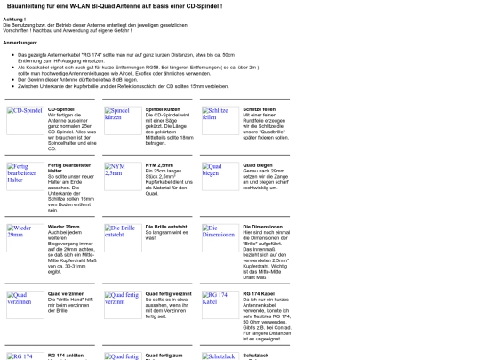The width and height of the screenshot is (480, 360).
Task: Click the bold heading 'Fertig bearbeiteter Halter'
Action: click(68, 169)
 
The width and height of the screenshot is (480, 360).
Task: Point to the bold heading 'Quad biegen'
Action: click(257, 164)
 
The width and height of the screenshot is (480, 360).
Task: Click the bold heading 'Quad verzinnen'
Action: click(64, 292)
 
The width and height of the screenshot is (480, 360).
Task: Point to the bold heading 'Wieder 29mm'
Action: click(63, 227)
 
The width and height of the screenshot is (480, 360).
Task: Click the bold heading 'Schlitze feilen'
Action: click(259, 108)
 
